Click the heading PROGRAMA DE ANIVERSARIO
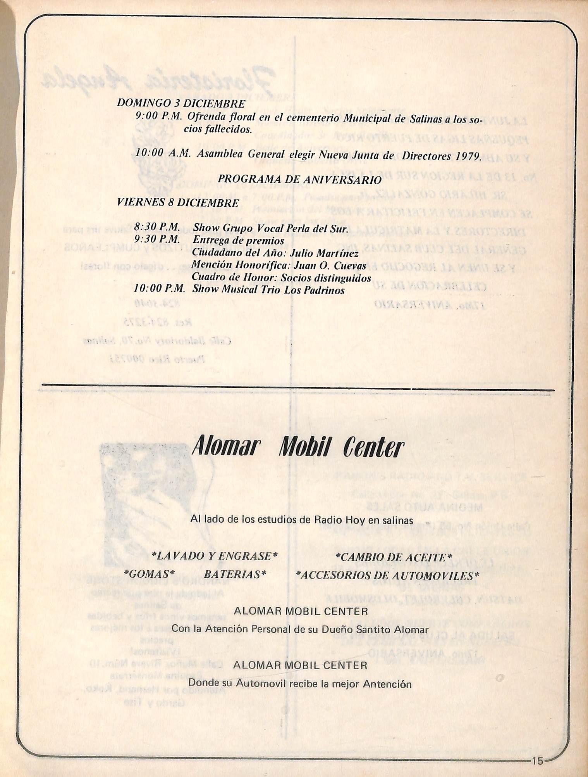coord(299,180)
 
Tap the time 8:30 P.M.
coord(157,227)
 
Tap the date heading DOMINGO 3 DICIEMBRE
coord(181,104)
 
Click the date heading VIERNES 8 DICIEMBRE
coord(178,203)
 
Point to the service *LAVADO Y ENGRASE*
coord(215,556)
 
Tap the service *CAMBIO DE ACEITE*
coord(394,557)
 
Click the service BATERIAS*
coord(236,574)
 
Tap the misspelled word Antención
coord(387,684)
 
